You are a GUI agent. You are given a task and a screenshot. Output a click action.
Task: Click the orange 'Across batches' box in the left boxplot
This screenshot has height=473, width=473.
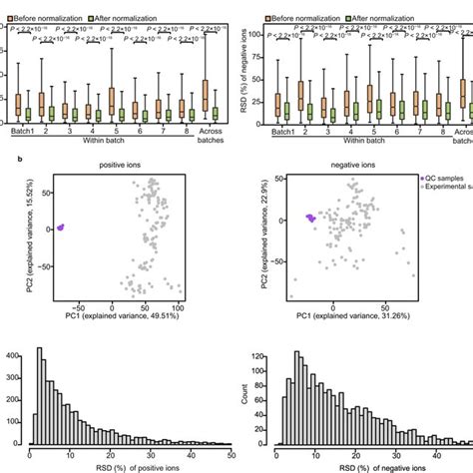[205, 94]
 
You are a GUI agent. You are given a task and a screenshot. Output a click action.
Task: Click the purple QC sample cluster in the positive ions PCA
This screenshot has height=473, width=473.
[59, 228]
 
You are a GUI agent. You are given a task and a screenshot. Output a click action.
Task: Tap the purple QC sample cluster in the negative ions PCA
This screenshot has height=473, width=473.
[311, 218]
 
